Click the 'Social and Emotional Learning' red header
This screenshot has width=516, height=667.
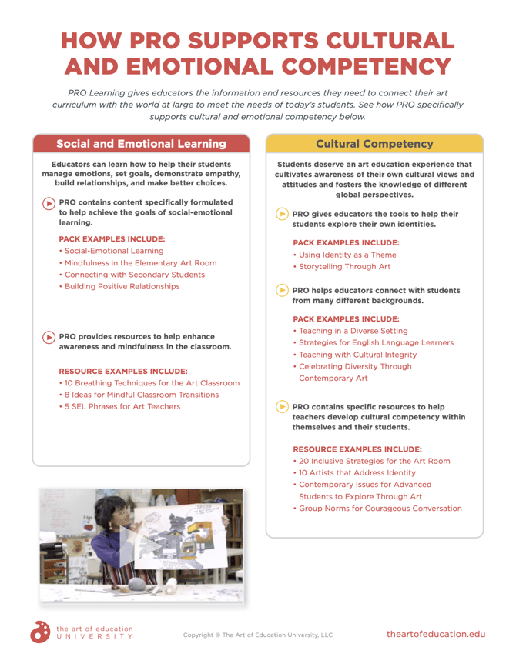click(142, 144)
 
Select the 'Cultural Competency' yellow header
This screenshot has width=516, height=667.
click(374, 144)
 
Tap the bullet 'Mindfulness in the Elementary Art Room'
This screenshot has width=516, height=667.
click(138, 263)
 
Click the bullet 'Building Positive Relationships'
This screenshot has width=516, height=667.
click(119, 286)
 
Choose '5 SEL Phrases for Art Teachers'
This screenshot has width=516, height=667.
click(119, 406)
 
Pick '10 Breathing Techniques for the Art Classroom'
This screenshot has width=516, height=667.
click(149, 383)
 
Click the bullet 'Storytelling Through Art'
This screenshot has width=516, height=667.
click(342, 267)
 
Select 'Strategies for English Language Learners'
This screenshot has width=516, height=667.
click(374, 342)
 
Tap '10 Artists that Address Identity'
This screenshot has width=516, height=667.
click(354, 472)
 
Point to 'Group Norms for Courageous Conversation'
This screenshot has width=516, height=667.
click(377, 509)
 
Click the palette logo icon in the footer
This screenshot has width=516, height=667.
click(41, 632)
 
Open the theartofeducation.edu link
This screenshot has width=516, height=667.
click(436, 634)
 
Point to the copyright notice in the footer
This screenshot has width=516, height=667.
click(258, 635)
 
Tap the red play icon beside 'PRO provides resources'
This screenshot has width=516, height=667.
click(49, 337)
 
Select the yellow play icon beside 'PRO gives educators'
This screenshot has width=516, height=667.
click(282, 214)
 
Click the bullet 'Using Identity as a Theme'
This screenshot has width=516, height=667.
click(345, 255)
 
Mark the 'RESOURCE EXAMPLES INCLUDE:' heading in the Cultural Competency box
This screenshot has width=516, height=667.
click(357, 449)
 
